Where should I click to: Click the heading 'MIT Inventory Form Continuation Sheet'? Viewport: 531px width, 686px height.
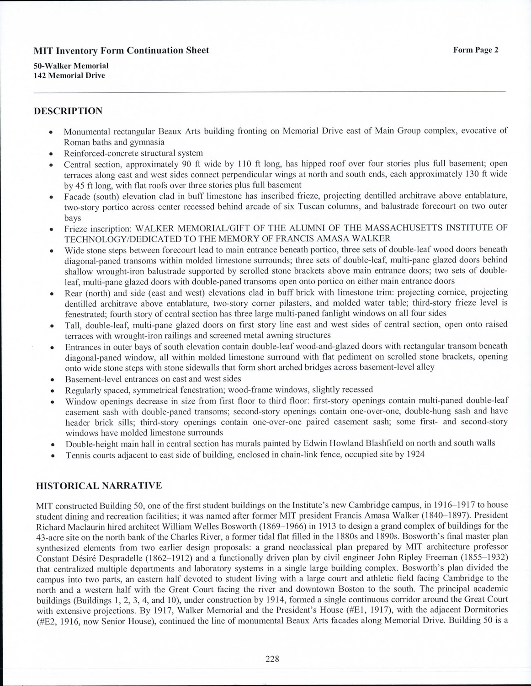tap(122, 51)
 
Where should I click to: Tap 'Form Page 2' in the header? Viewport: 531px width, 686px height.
tap(475, 50)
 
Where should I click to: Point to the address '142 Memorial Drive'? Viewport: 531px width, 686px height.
tap(69, 75)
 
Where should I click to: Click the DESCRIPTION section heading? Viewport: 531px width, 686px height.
tap(68, 111)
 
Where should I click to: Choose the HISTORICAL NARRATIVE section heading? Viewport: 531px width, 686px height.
tap(99, 486)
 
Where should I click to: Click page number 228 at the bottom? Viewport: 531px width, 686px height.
tap(272, 659)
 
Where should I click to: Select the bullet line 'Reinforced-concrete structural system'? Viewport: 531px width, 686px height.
tap(133, 153)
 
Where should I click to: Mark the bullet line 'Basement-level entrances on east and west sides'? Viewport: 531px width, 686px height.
tap(153, 379)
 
